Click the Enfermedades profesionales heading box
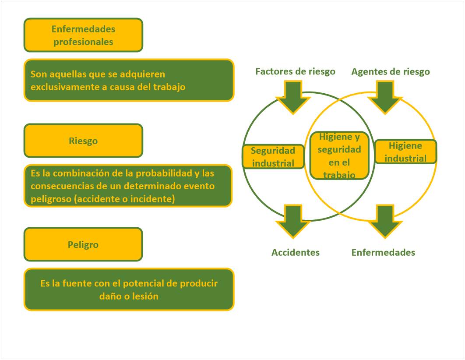coord(83,35)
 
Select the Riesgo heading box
coord(83,141)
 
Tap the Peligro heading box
coord(83,244)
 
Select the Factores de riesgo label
coord(295,71)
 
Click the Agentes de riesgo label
coord(390,71)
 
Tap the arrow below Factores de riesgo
coord(293,97)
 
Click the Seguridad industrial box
coord(273,157)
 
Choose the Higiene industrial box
coord(405,152)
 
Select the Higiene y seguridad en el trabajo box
coord(339,156)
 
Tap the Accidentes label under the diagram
coord(295,252)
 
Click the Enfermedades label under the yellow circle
coord(383,252)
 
